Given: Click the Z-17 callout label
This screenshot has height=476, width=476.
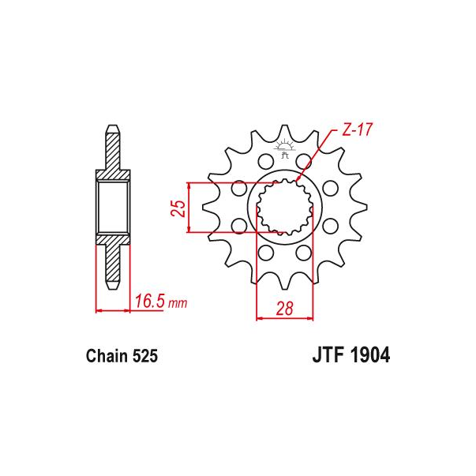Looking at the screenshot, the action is pos(357,129).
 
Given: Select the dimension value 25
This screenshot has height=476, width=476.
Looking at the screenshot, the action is pos(178,208).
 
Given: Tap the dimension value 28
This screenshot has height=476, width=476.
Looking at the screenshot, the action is pos(284,309).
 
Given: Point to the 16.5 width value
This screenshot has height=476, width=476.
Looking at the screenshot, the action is pos(150,301).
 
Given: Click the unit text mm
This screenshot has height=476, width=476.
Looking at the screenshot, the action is pos(178,303).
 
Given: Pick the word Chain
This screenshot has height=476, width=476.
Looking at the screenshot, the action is pos(107,356).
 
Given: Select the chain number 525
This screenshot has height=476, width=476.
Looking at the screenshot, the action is pos(144,356).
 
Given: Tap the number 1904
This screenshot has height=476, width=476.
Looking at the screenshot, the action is pos(369,355).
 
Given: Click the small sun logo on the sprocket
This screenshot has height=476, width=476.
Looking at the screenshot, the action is pos(284,148).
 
